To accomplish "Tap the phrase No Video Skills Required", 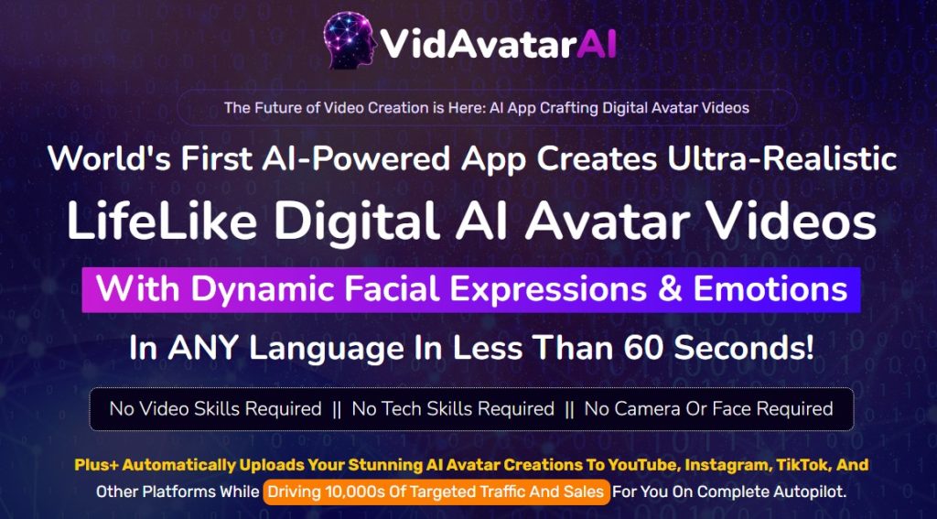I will [x=215, y=409].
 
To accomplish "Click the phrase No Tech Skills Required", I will [x=453, y=409].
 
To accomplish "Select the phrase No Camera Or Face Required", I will [x=708, y=409].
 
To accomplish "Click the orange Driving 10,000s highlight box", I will [x=436, y=492].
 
